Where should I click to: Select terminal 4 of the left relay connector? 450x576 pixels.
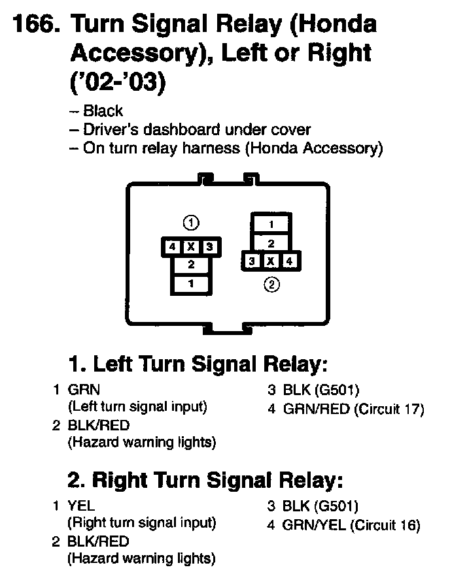pos(171,247)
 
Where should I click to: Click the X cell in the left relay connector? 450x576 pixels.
pos(190,247)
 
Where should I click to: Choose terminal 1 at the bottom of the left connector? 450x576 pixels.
pos(190,283)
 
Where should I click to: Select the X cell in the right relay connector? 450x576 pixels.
pos(271,261)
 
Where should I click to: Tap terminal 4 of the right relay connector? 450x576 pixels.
pos(290,261)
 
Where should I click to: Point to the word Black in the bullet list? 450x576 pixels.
pos(103,111)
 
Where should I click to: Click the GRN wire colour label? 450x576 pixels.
pos(84,390)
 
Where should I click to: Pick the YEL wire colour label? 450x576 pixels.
pos(82,506)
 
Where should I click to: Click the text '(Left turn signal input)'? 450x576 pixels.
pos(137,407)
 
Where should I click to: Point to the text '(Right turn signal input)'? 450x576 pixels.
pos(142,523)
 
